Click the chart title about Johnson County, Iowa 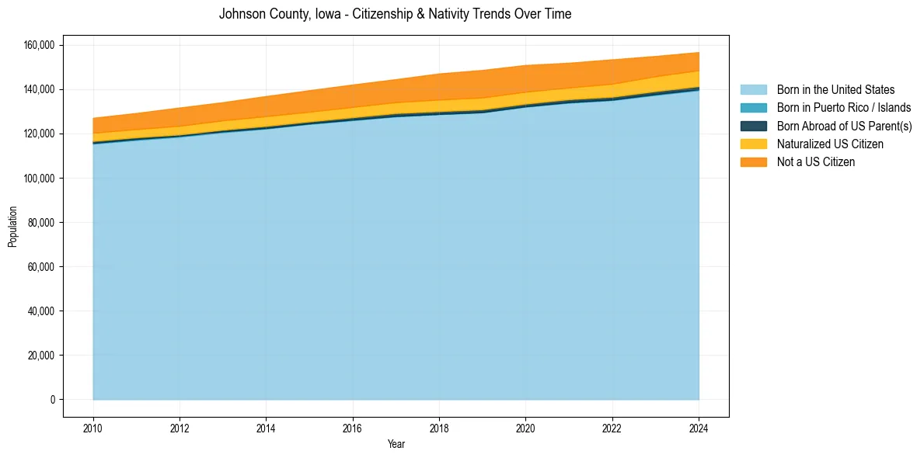click(395, 14)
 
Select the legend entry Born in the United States click(835, 90)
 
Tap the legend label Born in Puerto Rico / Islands click(843, 108)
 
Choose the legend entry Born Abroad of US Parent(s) click(844, 126)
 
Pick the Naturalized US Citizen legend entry click(830, 144)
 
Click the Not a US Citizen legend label click(815, 162)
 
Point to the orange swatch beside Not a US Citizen click(753, 162)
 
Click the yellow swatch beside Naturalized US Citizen click(753, 144)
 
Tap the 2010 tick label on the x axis click(93, 427)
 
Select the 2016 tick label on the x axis click(353, 427)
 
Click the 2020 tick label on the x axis click(526, 427)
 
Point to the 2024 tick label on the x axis click(699, 427)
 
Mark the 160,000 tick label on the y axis click(39, 45)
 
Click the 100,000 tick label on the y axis click(39, 179)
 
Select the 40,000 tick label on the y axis click(41, 311)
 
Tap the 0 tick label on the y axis click(53, 400)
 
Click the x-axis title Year click(396, 444)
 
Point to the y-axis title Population click(12, 227)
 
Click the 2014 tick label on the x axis click(266, 427)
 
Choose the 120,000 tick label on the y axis click(39, 134)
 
